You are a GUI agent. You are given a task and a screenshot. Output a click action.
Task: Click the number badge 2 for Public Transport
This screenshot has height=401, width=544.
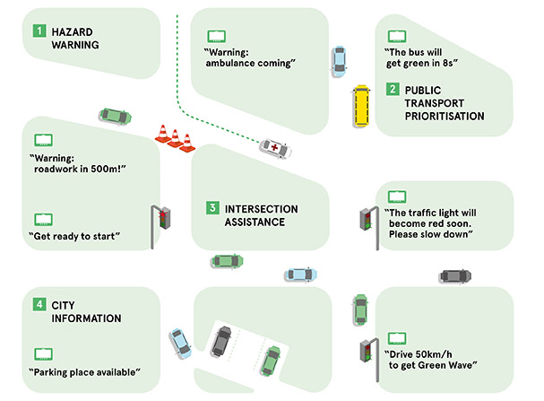pyautogui.click(x=393, y=91)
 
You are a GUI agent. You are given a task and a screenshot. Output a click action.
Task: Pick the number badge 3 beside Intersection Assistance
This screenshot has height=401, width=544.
pyautogui.click(x=212, y=208)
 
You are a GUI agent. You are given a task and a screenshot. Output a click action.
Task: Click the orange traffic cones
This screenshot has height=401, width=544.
pyautogui.click(x=175, y=138)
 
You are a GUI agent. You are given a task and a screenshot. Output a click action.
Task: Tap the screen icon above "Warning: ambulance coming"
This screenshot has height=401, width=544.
pyautogui.click(x=218, y=38)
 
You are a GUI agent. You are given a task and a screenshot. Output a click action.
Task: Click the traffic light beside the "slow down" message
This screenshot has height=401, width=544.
pyautogui.click(x=366, y=218)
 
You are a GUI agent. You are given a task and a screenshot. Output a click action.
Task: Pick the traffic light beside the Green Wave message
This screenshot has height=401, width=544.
pyautogui.click(x=366, y=349)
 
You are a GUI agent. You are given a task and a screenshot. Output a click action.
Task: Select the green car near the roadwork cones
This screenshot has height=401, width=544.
pyautogui.click(x=114, y=116)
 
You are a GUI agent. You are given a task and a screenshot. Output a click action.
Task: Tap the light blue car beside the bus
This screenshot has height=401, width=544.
pyautogui.click(x=338, y=59)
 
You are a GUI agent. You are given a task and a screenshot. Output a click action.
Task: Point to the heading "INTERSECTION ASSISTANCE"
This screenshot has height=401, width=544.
pyautogui.click(x=261, y=215)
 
